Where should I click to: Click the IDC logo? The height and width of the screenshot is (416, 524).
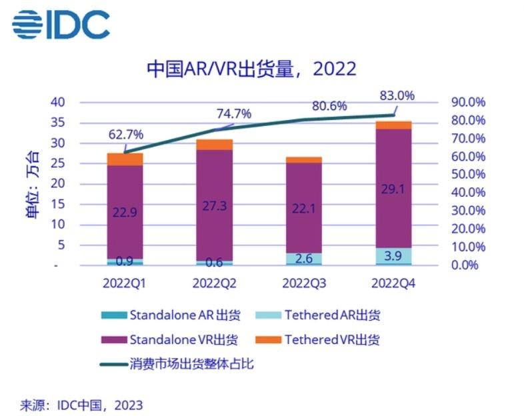point(60,25)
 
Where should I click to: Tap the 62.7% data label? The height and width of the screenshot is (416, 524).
point(125,136)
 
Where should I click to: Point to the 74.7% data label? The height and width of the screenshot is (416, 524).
point(233,114)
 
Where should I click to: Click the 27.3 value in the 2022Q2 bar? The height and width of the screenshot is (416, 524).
point(214,206)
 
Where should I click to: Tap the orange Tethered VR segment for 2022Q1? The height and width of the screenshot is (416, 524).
point(125,159)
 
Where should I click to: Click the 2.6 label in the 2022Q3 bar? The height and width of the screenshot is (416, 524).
point(304,257)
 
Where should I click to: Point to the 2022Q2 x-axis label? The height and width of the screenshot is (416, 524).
point(215,283)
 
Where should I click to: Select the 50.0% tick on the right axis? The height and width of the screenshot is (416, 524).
point(469,175)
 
